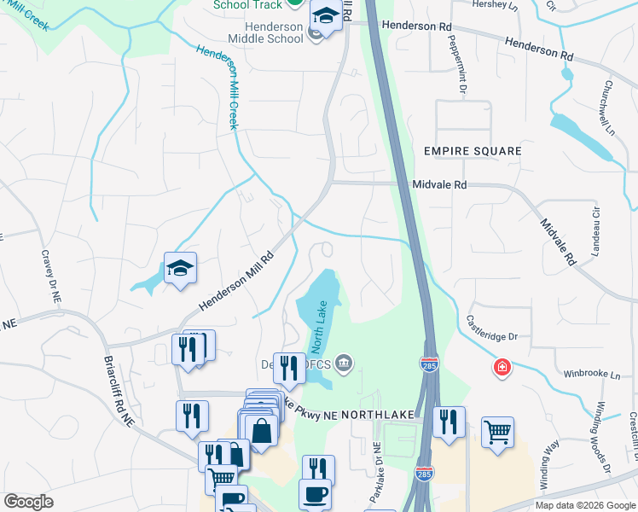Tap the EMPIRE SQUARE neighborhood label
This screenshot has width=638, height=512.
[x=473, y=151]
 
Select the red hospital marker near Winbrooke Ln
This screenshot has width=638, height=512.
[x=503, y=367]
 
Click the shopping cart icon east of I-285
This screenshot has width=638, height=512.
[x=497, y=431]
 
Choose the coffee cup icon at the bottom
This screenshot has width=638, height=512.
[x=315, y=495]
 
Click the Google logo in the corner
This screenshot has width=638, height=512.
[x=28, y=502]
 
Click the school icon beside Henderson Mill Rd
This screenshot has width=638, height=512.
[x=180, y=269]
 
